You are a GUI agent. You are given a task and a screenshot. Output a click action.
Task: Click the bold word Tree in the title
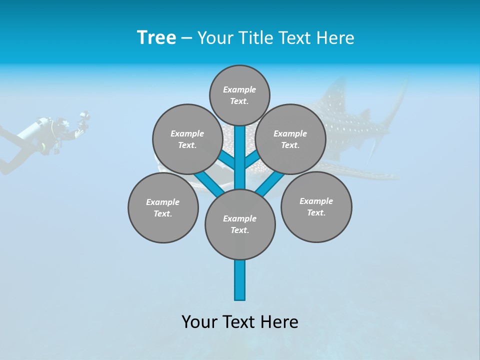coord(156,38)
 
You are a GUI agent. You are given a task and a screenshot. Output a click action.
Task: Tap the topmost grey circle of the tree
coord(239,95)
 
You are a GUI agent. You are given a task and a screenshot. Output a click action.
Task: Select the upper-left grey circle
coord(187,139)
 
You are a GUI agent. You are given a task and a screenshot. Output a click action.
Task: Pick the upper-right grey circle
coord(290,139)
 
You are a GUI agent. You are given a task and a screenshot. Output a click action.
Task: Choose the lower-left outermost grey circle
coord(163,208)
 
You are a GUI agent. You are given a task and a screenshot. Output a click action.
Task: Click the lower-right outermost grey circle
coord(316,207)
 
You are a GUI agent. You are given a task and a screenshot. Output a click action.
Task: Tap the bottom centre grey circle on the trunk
coord(240,224)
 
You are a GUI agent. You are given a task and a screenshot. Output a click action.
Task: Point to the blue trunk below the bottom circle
coord(240,280)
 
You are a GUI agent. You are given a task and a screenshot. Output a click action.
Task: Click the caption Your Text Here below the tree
coord(240,322)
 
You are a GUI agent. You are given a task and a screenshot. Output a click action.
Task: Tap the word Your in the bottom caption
coord(199,322)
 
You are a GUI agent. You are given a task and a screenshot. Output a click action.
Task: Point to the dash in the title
coord(186,38)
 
